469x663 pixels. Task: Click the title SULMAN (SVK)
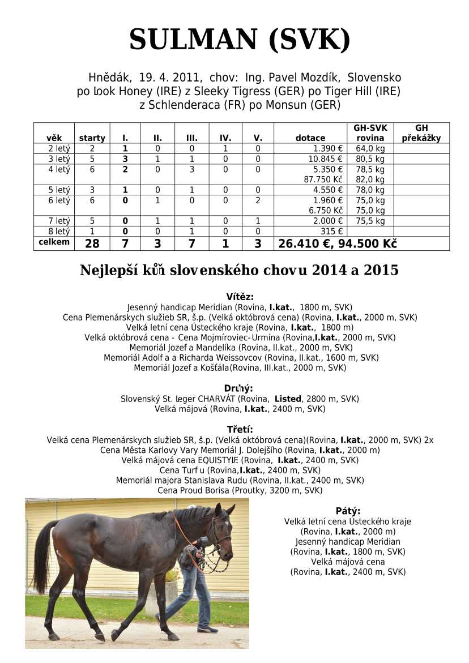239,40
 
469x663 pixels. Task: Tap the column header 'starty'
92,138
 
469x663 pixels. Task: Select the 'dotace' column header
310,138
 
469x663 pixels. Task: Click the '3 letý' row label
59,159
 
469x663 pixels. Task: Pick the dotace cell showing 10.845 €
325,159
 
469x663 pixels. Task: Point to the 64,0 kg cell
370,148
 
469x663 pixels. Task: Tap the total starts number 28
92,243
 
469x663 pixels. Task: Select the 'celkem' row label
54,242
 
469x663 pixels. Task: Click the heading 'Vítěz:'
240,297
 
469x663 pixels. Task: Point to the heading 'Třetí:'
240,429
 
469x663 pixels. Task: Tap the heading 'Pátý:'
347,511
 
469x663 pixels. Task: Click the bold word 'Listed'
288,399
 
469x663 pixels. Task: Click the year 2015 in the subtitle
381,270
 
